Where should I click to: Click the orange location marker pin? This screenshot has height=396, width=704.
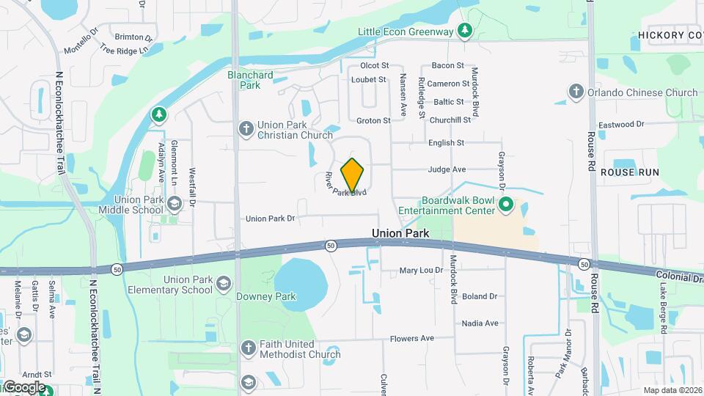353,175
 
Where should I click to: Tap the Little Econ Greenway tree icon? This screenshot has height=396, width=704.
464,31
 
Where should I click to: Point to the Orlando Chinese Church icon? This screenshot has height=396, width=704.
576,92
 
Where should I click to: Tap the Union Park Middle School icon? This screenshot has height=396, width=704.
174,203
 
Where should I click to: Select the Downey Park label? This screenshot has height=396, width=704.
265,297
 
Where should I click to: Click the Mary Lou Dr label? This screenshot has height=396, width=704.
421,271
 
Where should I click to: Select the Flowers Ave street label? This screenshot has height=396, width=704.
413,339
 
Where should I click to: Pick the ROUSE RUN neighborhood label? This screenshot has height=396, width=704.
629,172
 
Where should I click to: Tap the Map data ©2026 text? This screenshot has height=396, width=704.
672,390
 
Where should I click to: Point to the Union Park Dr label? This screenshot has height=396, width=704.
270,219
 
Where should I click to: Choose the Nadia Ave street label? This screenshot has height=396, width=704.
480,323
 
